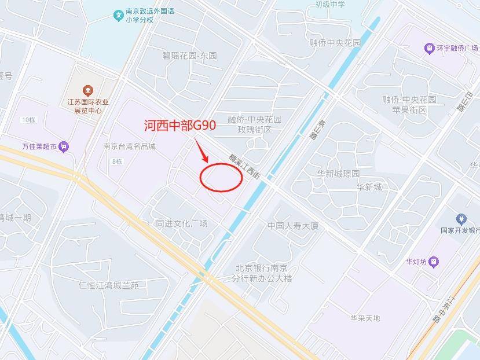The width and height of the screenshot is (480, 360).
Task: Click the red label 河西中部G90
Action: coord(179,125)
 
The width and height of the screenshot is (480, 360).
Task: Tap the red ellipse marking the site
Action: coord(221,177)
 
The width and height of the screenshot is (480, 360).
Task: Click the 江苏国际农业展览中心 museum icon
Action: coord(87,90)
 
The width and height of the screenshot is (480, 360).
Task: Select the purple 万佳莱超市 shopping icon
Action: coord(63,147)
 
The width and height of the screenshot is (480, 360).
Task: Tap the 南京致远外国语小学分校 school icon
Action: coord(119,14)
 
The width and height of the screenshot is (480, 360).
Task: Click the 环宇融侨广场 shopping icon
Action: coord(429,48)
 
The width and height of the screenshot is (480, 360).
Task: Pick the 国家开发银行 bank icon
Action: coord(461,219)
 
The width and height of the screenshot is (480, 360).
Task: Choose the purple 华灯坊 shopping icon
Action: coord(434,262)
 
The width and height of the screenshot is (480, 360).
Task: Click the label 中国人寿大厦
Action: coord(293,226)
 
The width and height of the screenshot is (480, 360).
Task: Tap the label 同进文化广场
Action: coord(181,223)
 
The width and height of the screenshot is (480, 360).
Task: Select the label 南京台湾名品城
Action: coord(129,146)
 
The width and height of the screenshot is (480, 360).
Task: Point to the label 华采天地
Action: coord(365,318)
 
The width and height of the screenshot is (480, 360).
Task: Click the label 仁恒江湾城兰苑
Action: coord(109,285)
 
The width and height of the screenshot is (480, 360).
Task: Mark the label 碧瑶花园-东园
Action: coord(189,56)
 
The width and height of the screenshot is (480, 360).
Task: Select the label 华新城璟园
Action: coord(338,174)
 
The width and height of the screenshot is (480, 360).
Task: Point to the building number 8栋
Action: coord(117,161)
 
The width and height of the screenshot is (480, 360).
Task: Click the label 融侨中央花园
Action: coord(335,43)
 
